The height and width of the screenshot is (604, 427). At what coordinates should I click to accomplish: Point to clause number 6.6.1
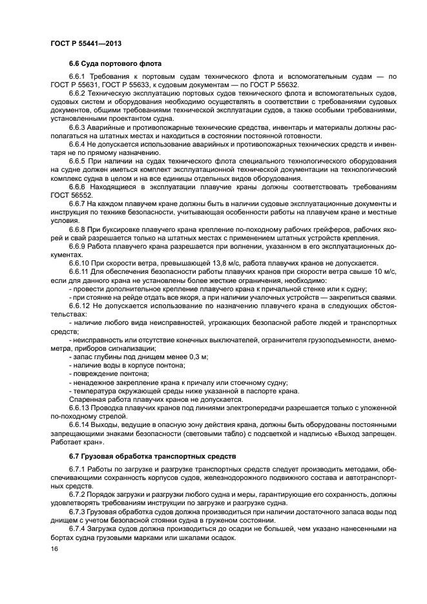coord(78,78)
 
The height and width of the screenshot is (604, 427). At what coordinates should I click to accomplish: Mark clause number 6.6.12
coord(79,304)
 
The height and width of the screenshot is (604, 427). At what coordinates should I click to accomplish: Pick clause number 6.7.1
coord(78,470)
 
